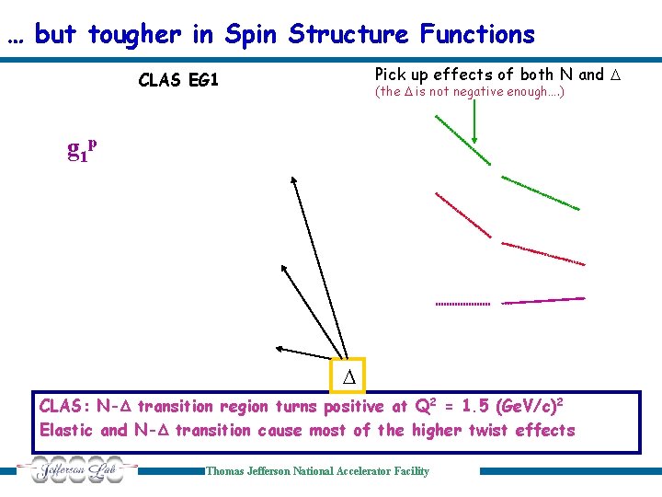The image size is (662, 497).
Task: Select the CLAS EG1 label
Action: click(x=178, y=80)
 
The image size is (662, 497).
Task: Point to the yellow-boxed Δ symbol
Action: click(x=348, y=376)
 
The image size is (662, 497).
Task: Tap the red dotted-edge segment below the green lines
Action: click(x=543, y=253)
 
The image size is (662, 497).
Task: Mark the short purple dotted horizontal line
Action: click(x=462, y=303)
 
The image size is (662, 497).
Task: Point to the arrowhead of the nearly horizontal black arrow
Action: click(x=279, y=348)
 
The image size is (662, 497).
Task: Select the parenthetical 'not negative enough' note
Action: click(x=469, y=92)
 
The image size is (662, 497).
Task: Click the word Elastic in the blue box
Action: click(x=67, y=431)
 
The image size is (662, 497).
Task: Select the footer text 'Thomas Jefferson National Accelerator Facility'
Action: click(x=317, y=471)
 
